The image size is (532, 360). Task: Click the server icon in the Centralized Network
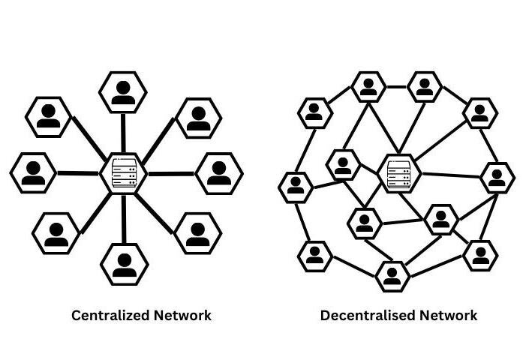click(122, 173)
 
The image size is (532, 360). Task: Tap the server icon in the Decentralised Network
click(398, 173)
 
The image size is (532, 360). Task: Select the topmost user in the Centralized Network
click(122, 91)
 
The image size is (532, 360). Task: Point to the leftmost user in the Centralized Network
click(32, 172)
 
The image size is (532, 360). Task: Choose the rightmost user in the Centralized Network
click(218, 172)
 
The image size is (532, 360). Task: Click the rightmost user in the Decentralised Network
click(496, 178)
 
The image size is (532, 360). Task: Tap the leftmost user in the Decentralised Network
click(296, 185)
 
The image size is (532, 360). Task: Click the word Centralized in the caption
click(105, 316)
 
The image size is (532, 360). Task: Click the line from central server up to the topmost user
click(122, 132)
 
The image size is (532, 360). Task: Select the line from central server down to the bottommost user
click(122, 217)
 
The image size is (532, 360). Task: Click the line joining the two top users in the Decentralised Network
click(396, 84)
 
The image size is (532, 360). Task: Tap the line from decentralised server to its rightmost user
click(447, 175)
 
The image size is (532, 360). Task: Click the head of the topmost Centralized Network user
click(122, 84)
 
